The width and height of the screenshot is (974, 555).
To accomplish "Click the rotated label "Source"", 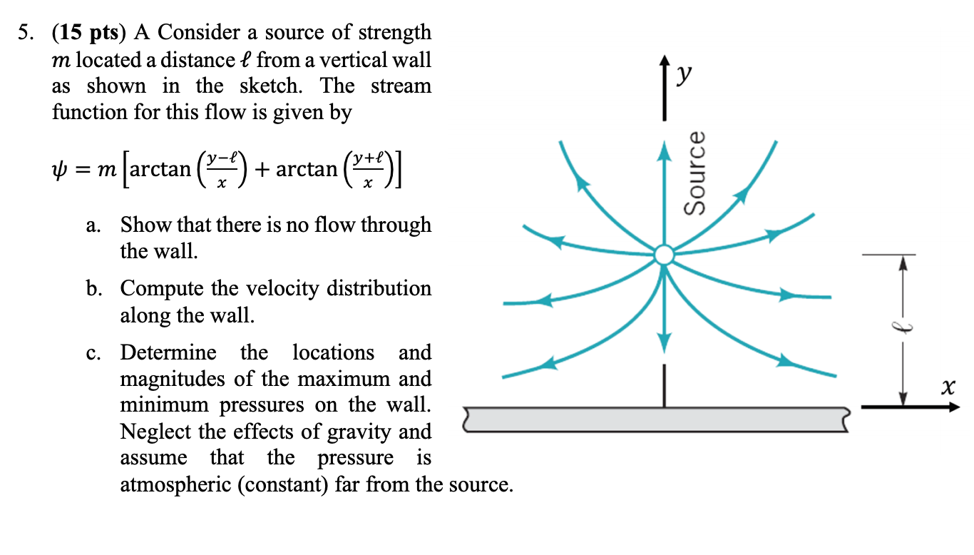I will pos(694,173).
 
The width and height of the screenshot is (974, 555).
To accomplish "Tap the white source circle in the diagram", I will pos(664,255).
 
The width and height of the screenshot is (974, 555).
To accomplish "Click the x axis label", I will pos(947,388).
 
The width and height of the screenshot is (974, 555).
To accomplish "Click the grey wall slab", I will pos(656,420).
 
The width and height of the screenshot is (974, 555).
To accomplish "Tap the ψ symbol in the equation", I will pos(59,170).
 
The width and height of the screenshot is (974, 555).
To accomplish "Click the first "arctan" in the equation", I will pos(160,170).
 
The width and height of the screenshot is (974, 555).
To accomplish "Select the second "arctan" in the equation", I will pos(307,170).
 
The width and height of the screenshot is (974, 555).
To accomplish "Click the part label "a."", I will pos(93,225).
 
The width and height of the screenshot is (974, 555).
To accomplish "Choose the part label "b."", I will pos(93,290).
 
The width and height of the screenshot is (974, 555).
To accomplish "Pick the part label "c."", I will pos(93,354).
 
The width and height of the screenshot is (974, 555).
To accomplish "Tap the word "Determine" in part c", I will pos(168,353).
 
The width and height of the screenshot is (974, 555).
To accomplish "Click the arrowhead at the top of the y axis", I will pos(665,63).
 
